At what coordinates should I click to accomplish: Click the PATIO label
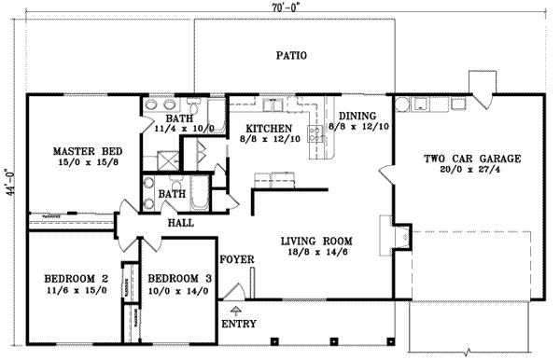[291, 56]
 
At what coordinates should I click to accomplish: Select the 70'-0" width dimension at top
[286, 8]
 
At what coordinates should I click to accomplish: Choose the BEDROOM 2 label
[77, 278]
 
